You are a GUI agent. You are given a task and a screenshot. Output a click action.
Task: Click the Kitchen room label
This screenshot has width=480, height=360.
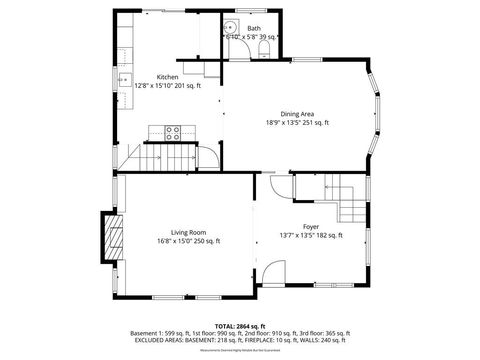168,77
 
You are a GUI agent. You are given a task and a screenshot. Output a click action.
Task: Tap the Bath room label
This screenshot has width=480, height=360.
254,28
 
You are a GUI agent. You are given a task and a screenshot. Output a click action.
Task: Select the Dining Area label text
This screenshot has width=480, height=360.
297,114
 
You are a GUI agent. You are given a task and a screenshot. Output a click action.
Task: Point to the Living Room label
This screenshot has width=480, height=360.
188,232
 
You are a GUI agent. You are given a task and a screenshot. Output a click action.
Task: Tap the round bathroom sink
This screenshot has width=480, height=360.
229,29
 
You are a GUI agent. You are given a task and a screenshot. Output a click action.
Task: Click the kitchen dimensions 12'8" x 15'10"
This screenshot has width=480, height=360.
168,86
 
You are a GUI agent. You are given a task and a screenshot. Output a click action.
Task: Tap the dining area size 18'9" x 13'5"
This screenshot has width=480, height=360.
297,123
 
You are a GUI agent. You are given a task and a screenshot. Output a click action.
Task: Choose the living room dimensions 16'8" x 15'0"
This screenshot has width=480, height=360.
188,241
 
